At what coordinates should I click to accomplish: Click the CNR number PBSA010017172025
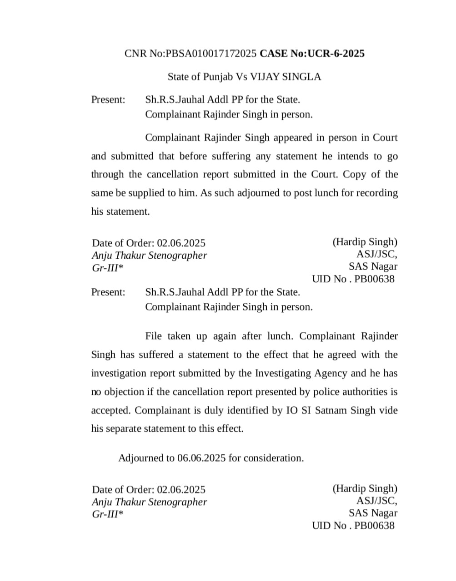[211, 54]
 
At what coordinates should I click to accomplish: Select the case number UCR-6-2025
[336, 54]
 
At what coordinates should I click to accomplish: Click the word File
[154, 336]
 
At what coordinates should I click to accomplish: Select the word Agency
[331, 373]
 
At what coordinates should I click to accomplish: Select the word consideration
[274, 458]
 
